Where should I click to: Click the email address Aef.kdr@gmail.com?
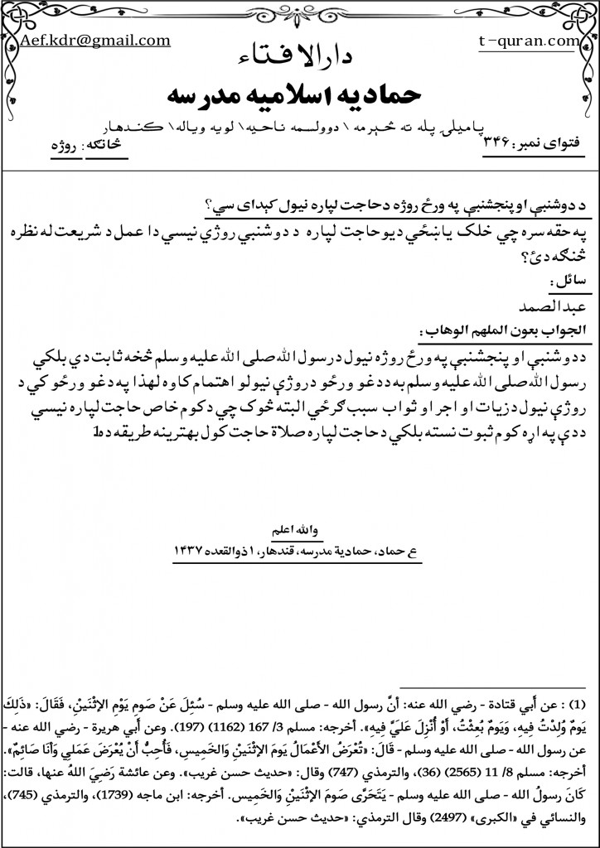pos(96,40)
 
